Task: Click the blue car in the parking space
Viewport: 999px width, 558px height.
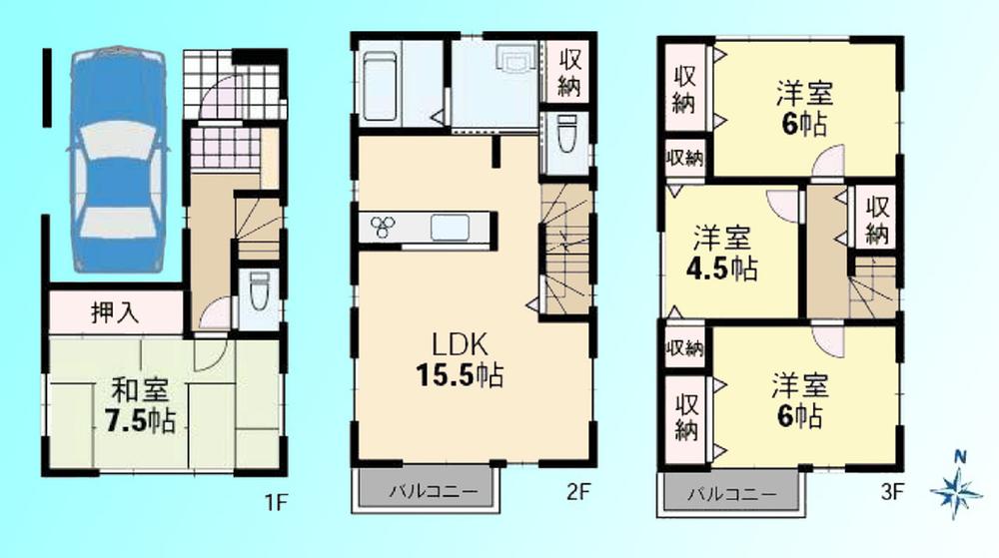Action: coord(114,160)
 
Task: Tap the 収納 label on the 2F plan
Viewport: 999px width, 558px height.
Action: coord(568,71)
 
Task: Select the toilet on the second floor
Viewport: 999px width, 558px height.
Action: coord(566,137)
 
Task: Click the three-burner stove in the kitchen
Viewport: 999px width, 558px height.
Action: coord(385,227)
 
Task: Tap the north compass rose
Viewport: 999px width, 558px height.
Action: coord(957,488)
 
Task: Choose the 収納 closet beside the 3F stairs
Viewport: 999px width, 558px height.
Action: coord(876,221)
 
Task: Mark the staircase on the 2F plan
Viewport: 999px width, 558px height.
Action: coord(565,250)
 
